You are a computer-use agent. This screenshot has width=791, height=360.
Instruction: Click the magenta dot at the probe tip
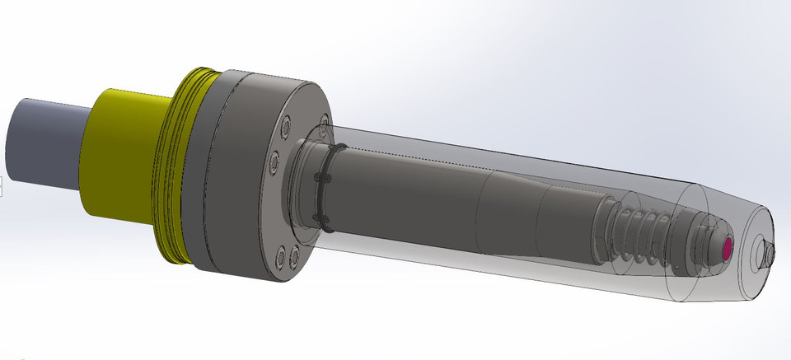pyautogui.click(x=728, y=246)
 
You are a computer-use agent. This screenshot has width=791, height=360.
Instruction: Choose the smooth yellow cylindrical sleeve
pyautogui.click(x=124, y=157)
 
